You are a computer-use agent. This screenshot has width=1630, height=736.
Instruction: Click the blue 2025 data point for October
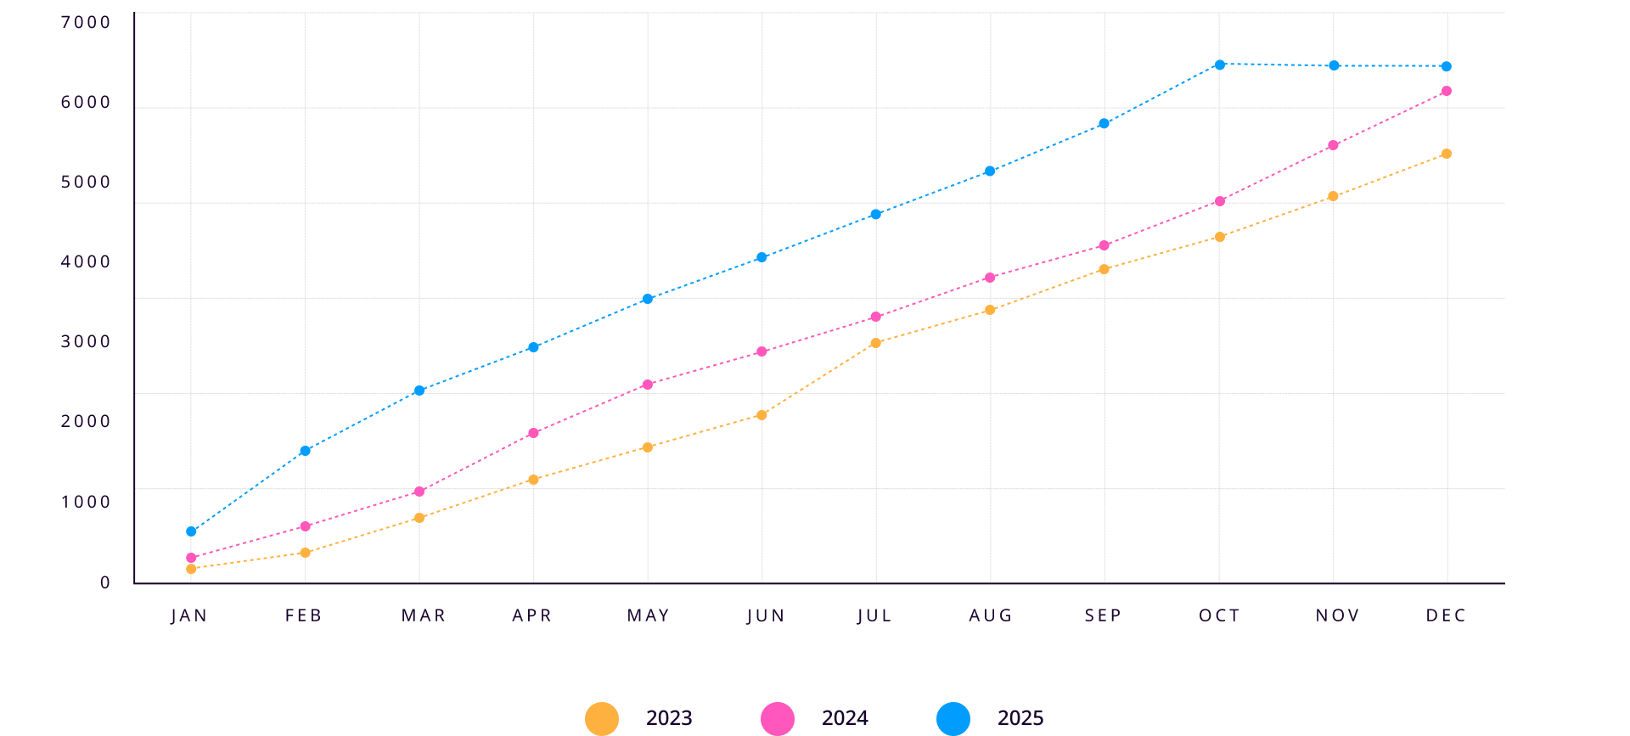coord(1219,65)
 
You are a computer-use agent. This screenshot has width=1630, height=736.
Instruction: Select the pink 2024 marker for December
coord(1446,91)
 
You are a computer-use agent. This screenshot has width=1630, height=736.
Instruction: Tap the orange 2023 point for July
coord(875,343)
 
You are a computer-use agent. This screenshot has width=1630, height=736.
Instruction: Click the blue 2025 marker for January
coord(191,531)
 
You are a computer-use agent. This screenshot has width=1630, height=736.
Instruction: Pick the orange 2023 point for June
coord(762,415)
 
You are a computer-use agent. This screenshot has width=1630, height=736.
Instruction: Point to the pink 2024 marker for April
coord(533,433)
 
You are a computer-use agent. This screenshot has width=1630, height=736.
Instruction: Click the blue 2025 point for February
coord(305,451)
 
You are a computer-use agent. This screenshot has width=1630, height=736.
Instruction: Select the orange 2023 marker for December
coord(1446,154)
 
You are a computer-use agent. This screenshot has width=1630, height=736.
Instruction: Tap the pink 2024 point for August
coord(990,278)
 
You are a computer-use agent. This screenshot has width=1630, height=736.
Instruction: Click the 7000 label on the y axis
coord(86,22)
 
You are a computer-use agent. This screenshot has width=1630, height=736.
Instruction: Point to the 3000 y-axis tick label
coord(86,341)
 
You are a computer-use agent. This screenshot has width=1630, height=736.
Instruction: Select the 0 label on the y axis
coord(105,582)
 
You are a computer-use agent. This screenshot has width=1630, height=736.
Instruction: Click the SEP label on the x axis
coord(1103,615)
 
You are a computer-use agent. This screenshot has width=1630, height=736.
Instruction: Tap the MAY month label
coord(648,615)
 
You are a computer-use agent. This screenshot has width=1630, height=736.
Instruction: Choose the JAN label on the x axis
coord(189,615)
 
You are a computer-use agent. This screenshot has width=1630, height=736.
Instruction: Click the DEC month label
coord(1446,615)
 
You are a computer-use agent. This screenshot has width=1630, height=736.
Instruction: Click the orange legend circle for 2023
coord(602,718)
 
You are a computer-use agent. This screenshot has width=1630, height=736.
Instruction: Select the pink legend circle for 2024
coord(778,718)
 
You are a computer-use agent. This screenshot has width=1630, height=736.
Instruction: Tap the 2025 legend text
coord(1020,718)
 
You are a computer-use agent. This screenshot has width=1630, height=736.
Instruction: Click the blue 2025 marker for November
coord(1333,66)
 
